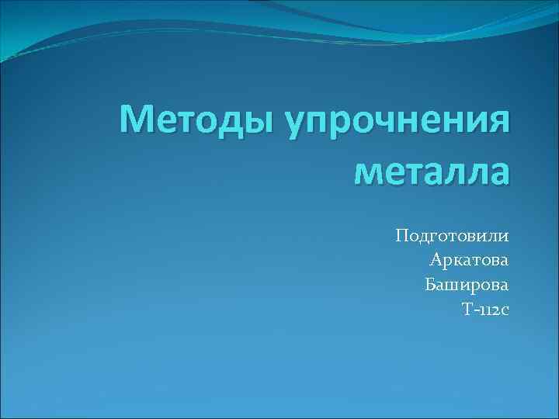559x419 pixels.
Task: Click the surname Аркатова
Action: (x=468, y=260)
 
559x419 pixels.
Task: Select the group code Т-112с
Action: (x=485, y=310)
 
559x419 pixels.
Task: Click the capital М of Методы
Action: (x=138, y=121)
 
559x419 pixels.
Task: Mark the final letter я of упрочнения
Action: (x=500, y=123)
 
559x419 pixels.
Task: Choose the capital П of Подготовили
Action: (x=402, y=235)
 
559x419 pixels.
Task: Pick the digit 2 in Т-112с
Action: (x=493, y=310)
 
